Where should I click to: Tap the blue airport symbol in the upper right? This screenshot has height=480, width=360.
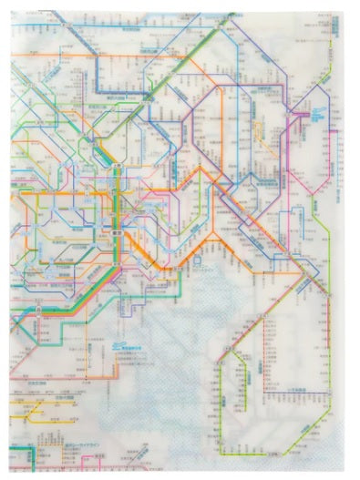pyautogui.click(x=316, y=116)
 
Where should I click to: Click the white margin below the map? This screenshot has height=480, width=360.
pyautogui.click(x=182, y=473)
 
